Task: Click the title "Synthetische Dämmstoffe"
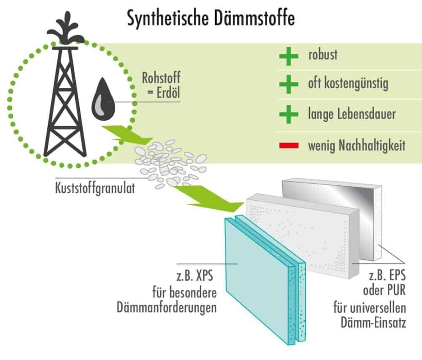(x=211, y=19)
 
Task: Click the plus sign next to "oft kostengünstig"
(x=288, y=85)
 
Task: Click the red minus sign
(x=288, y=145)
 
